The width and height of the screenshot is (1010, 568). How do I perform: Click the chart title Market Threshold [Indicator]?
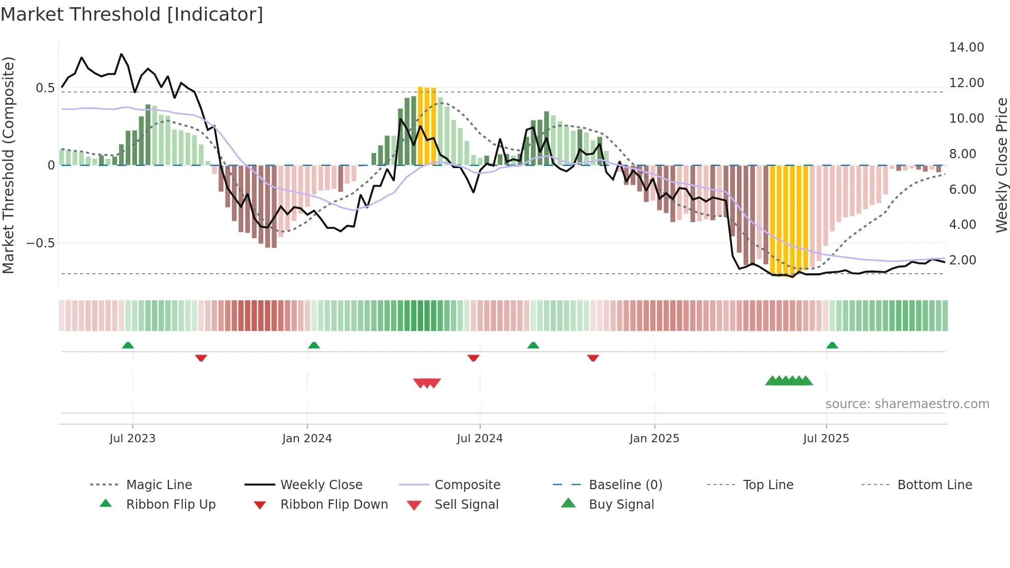pyautogui.click(x=132, y=14)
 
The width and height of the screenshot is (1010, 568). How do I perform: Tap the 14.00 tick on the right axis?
pyautogui.click(x=966, y=47)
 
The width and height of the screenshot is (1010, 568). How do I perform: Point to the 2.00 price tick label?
pyautogui.click(x=963, y=260)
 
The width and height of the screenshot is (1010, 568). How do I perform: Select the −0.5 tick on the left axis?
pyautogui.click(x=41, y=243)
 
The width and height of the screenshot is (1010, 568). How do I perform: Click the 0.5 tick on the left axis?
pyautogui.click(x=45, y=88)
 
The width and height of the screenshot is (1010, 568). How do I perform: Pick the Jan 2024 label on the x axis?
pyautogui.click(x=307, y=439)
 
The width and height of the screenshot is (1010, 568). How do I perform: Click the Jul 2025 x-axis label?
pyautogui.click(x=826, y=439)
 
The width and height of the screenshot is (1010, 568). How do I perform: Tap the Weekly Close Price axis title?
pyautogui.click(x=1001, y=165)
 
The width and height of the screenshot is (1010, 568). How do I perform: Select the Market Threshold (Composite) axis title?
pyautogui.click(x=8, y=165)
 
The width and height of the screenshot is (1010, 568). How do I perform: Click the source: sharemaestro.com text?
pyautogui.click(x=907, y=404)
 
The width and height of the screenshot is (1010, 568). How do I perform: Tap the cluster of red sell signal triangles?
pyautogui.click(x=427, y=383)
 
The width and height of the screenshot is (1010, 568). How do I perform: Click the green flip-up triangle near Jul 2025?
pyautogui.click(x=832, y=345)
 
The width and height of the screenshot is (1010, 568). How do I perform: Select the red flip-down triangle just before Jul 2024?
pyautogui.click(x=473, y=358)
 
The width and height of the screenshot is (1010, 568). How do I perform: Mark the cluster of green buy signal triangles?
pyautogui.click(x=789, y=381)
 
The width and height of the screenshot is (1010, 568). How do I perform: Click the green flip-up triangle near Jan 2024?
pyautogui.click(x=314, y=345)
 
